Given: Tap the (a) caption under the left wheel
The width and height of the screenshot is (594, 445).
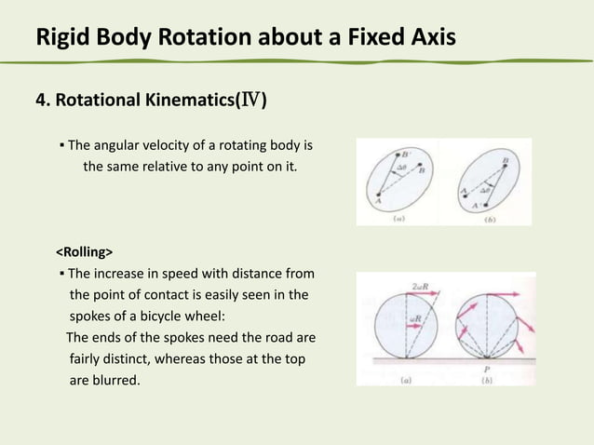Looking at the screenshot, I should coord(406,379).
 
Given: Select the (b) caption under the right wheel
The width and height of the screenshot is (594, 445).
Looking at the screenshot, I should coord(486,380).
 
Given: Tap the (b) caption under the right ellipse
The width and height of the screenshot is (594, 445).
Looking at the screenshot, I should coord(488,221).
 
